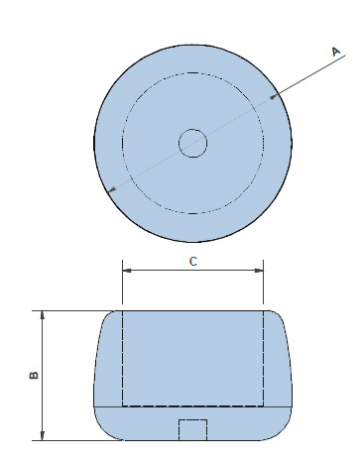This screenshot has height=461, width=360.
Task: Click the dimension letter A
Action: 336,52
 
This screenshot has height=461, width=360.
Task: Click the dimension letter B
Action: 34,375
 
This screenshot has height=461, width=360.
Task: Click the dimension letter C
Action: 193,262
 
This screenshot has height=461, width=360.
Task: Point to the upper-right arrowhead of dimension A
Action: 274,96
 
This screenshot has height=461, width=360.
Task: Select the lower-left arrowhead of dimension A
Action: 112,189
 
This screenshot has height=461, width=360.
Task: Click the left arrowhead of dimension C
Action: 127,271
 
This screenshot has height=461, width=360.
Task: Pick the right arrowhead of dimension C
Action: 259,271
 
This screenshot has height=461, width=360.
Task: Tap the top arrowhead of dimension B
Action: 43,315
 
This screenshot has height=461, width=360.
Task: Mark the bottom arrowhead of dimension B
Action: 43,436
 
